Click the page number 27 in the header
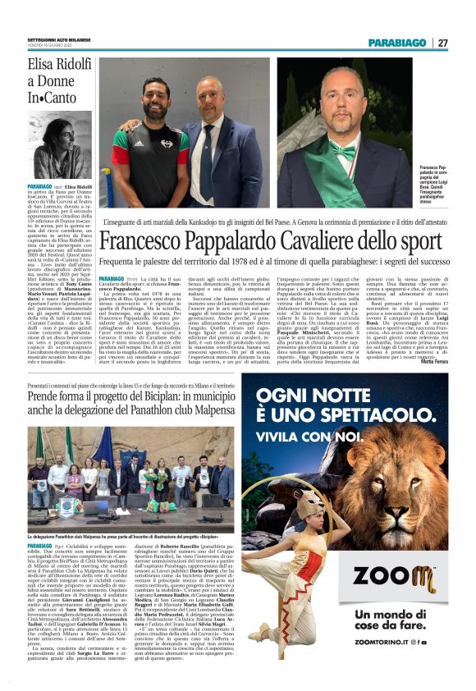pos(442,43)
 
